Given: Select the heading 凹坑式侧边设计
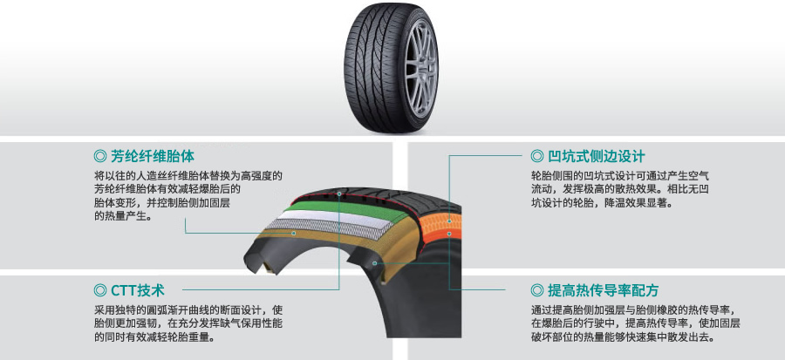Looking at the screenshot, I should [597, 157].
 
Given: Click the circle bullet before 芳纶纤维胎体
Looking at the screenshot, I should [99, 157].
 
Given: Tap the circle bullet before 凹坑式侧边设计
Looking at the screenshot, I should [537, 157].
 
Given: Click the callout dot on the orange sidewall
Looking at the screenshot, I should [449, 234].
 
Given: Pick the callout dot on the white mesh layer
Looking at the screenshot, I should [295, 234].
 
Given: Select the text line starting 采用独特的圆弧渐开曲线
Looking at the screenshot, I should [188, 310].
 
